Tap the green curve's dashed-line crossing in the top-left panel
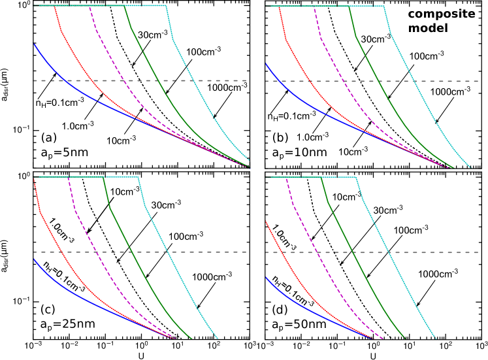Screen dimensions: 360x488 tap(157, 80)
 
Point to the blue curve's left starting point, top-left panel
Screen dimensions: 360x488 tap(35, 44)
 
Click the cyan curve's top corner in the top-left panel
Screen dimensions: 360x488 tap(166, 5)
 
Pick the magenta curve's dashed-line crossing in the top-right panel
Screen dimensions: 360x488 tap(341, 81)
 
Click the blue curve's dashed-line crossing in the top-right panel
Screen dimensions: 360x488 tap(277, 81)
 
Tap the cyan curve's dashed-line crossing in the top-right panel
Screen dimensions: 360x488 tap(414, 81)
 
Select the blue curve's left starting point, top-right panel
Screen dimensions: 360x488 tap(266, 63)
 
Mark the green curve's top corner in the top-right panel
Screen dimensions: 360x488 tap(349, 6)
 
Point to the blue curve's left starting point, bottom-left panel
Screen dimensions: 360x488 tap(34, 259)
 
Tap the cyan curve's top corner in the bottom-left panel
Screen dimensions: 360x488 tap(138, 177)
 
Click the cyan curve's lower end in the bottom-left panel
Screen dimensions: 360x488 tap(218, 339)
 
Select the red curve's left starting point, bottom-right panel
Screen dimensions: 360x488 tap(266, 222)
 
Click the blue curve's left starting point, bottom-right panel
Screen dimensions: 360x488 tap(266, 277)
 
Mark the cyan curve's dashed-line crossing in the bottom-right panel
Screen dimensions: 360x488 tap(388, 252)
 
